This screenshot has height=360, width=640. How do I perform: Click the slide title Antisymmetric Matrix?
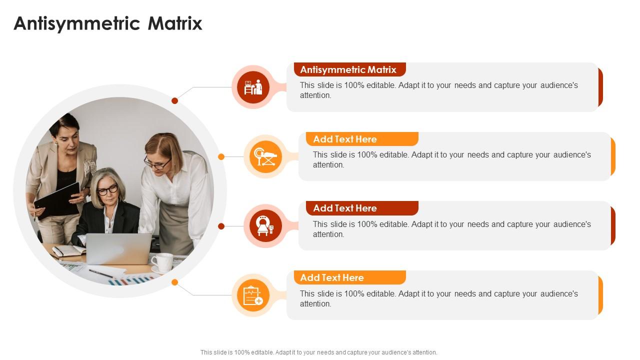108,23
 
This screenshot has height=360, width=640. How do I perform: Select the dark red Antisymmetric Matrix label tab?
349,69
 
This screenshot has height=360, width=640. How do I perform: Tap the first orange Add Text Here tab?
362,139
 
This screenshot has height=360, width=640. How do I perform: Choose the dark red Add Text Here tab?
362,208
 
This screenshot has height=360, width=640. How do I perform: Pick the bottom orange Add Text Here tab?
349,277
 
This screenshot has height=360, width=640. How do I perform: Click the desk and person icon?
253,87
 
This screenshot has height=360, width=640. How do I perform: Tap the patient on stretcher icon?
265,156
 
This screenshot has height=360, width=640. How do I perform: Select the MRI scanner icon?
265,226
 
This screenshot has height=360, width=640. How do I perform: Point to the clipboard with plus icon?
253,295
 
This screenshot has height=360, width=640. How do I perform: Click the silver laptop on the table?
119,248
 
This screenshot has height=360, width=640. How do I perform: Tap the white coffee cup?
162,261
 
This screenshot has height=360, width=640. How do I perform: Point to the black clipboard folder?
57,199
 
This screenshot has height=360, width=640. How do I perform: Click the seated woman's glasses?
107,190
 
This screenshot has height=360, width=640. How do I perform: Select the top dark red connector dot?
175,101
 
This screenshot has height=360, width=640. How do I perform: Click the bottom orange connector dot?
175,282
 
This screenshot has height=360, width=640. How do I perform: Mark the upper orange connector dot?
221,157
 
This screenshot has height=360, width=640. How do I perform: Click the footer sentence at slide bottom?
319,352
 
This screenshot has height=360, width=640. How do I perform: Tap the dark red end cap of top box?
600,87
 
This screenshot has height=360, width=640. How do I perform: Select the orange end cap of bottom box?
600,295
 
